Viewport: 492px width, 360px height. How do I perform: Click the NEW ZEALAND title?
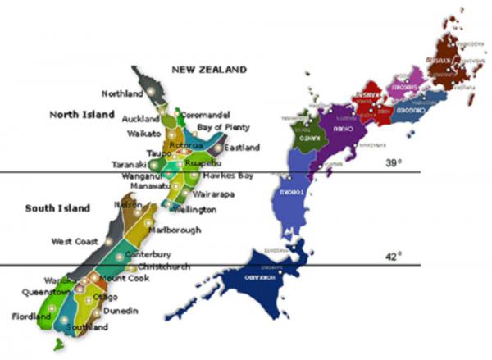pos(208,70)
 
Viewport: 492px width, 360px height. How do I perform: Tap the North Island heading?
pos(81,114)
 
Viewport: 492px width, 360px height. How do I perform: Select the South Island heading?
pos(57,208)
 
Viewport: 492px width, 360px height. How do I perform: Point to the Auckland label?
pos(140,118)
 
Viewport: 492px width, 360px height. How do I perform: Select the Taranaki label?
pos(129,165)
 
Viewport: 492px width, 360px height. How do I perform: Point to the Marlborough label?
pos(175,230)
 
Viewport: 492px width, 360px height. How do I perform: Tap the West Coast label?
pos(75,241)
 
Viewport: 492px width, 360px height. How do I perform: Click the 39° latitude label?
pos(394,163)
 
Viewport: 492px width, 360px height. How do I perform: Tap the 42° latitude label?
pos(394,256)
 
